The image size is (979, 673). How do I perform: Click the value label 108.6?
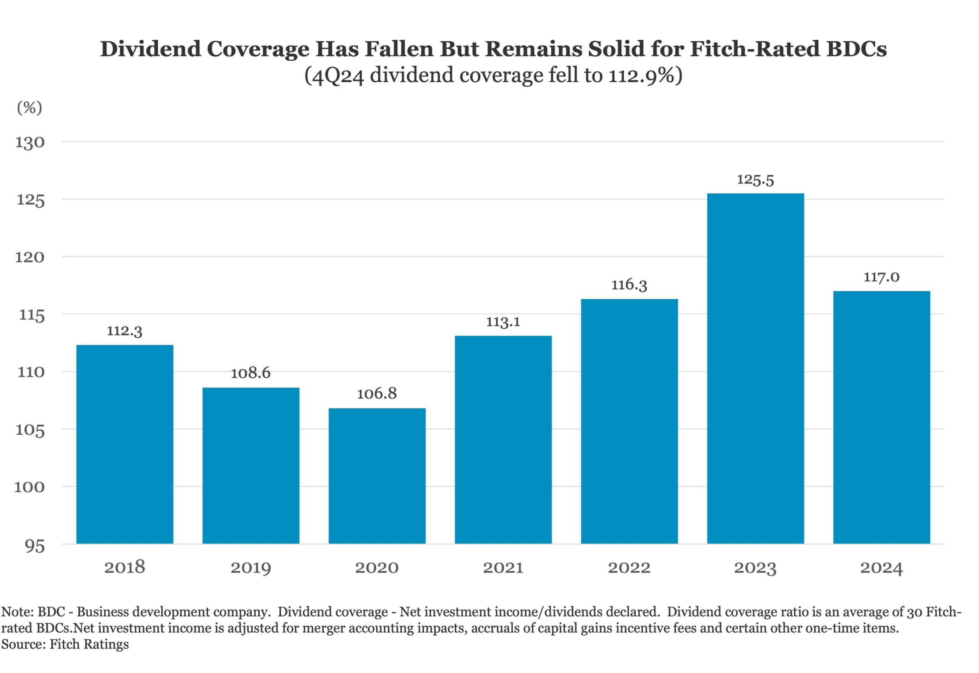pos(250,373)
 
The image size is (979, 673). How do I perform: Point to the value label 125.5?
pos(755,180)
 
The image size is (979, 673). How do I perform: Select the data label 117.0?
pos(881,277)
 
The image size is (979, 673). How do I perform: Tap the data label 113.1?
pos(503,322)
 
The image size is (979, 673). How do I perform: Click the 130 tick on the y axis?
pos(30,142)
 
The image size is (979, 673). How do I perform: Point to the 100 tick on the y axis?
pos(29,487)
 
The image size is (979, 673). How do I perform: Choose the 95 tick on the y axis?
pos(35,546)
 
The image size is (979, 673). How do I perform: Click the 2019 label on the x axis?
pos(250,567)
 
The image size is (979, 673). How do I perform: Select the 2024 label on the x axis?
pos(881,567)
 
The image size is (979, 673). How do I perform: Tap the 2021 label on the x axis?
pos(503,567)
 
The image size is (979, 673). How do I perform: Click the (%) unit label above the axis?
pos(29,108)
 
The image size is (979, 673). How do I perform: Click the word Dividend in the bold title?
pos(150,49)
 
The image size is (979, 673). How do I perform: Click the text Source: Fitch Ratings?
pos(65,644)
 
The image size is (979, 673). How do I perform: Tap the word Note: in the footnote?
pos(17,612)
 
